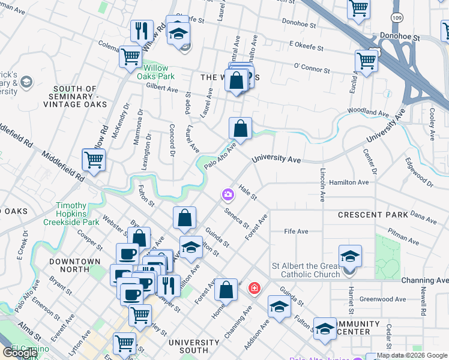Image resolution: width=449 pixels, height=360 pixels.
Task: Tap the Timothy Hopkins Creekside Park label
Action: point(71,214)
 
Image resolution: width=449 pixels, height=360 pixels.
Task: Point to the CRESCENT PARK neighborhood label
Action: point(373,214)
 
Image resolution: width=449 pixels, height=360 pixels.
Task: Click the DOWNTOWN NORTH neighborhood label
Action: point(75,266)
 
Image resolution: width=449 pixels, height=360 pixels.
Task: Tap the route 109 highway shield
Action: point(397,18)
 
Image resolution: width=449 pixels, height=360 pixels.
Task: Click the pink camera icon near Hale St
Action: point(228,194)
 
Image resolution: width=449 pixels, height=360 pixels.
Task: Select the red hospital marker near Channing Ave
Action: point(255,289)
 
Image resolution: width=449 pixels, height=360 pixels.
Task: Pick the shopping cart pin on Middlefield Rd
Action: point(94,160)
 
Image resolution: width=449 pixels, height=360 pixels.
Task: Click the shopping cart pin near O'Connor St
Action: point(366,59)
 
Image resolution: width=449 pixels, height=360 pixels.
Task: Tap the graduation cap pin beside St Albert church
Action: point(350,256)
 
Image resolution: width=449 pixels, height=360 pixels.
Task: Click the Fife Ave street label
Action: point(296,232)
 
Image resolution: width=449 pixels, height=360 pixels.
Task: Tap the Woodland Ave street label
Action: point(368,112)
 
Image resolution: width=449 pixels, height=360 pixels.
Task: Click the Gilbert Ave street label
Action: point(162,89)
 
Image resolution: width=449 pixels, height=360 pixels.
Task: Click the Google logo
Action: point(20,353)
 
